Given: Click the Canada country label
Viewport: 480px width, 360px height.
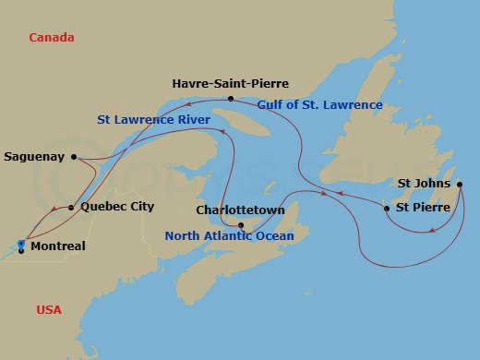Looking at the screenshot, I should point(51,38).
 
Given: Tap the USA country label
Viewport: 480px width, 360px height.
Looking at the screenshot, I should point(49,309).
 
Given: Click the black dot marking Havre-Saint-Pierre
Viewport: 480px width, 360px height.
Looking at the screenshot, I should point(231,99).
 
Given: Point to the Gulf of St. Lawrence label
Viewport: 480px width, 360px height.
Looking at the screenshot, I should point(319,104).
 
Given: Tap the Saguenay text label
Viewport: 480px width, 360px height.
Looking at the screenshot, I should point(34,157).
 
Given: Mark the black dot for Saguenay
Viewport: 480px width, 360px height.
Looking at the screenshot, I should point(74,157).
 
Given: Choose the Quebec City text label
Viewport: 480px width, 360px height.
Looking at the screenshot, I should point(117,207).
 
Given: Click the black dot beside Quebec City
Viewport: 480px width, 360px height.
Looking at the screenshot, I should point(72,208).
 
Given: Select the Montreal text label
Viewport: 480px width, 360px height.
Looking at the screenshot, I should point(57,246).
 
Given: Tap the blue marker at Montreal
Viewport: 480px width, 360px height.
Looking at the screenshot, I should point(20,244).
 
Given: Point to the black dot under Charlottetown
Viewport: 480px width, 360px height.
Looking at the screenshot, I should point(241,225).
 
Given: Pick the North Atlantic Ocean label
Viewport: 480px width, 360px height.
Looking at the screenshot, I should point(229,236).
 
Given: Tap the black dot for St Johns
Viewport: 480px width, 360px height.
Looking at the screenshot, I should point(460,185).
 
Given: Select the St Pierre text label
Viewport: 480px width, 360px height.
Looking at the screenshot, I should point(423,208).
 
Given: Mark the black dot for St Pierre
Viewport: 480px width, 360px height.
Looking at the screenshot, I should point(387,209).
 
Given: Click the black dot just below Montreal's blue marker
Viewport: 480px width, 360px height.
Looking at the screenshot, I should point(20,251).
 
